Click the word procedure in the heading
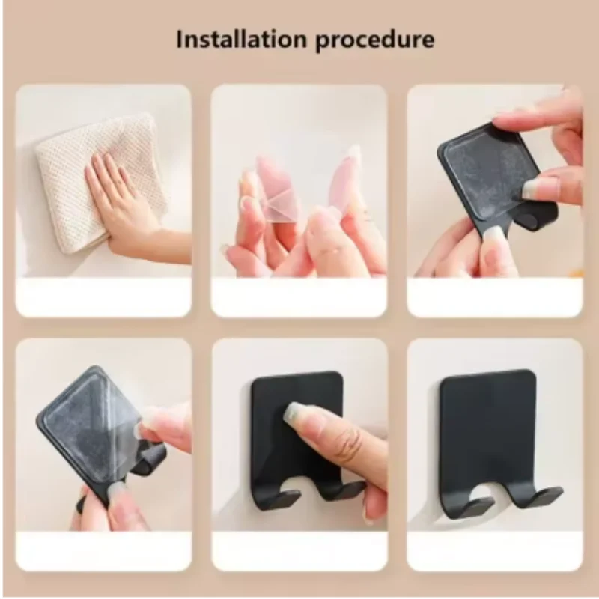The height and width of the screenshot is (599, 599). (374, 40)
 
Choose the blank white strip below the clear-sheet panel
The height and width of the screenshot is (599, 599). (299, 297)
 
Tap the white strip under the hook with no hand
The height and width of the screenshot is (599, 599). (495, 552)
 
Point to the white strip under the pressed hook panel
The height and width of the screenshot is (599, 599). (299, 552)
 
